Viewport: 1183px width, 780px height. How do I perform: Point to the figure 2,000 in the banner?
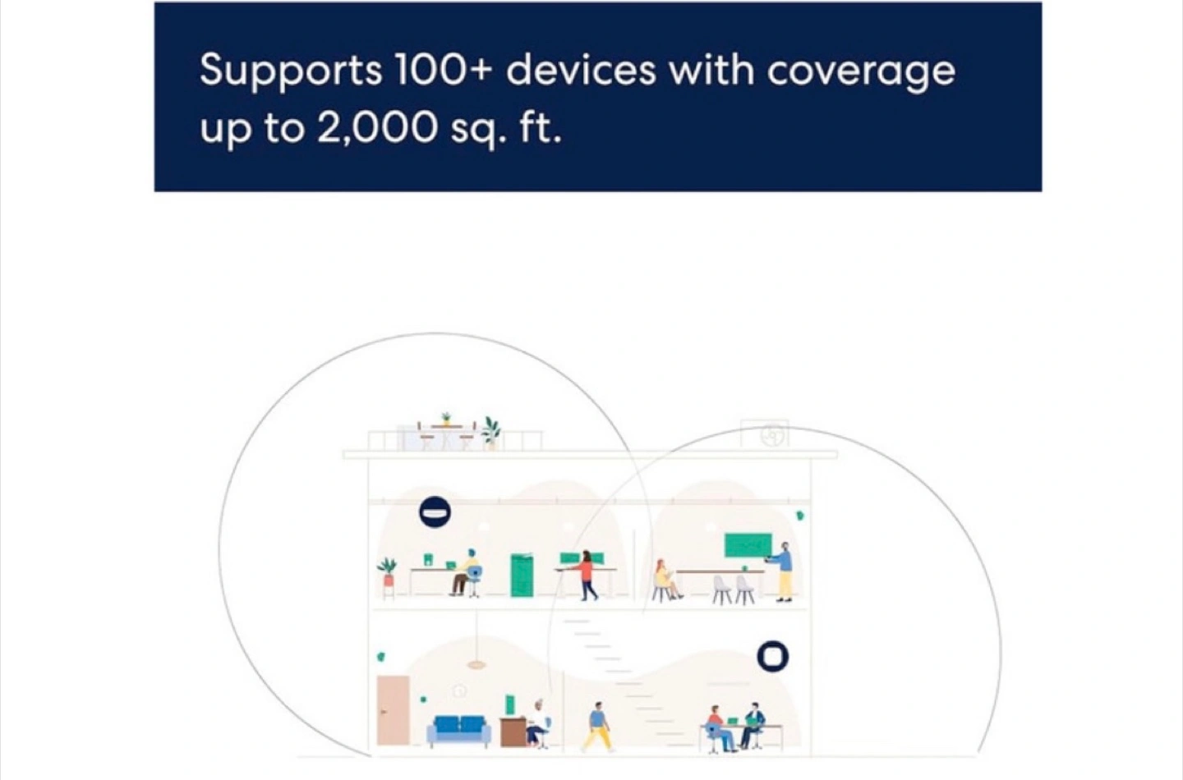coord(377,128)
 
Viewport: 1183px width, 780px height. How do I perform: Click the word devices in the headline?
coord(581,70)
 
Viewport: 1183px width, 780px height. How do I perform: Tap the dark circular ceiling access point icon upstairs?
coord(435,512)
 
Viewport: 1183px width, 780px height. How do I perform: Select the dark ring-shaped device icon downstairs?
coord(772,657)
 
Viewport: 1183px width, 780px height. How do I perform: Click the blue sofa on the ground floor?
coord(459,731)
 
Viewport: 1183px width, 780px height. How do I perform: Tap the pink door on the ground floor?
coord(393,710)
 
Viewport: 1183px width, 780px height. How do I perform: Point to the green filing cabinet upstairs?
coord(522,576)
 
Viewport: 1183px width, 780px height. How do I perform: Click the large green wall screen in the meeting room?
coord(748,545)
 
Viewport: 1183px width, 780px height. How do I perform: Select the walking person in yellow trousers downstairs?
coord(598,727)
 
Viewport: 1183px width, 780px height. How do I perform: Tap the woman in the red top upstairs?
coord(585,576)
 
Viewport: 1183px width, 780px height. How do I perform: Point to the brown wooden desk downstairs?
coord(513,732)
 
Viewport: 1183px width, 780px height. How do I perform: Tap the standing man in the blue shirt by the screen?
coord(783,571)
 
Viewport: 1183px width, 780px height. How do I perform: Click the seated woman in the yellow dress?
coord(665,580)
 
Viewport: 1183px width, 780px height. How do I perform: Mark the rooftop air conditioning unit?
coord(765,434)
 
